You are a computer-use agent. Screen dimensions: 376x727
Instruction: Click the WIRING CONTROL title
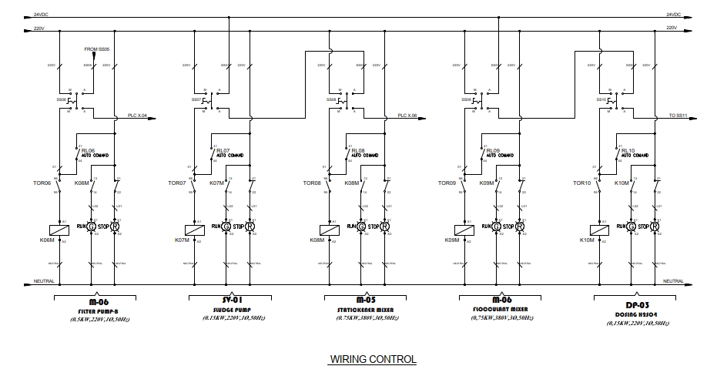coord(373,359)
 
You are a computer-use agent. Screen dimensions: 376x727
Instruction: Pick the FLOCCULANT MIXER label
coord(498,311)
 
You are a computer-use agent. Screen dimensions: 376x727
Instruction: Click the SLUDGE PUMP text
coord(227,311)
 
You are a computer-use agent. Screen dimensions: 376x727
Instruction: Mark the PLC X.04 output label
coord(137,116)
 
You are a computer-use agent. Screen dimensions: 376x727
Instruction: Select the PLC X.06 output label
coord(407,116)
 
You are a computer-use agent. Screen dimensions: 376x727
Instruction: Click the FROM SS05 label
coord(97,49)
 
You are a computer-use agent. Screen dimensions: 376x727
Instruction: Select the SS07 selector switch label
coord(196,99)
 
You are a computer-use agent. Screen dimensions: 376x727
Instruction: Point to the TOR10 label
coord(581,183)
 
